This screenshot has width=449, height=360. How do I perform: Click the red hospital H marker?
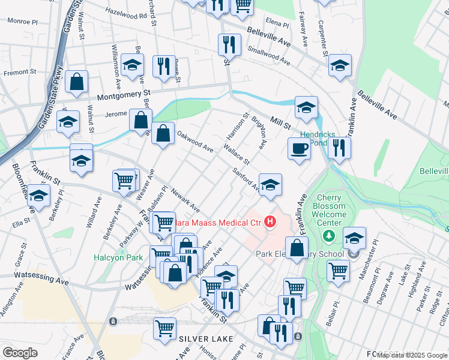coord(270,222)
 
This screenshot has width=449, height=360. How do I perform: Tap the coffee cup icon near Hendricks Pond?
coord(298,148)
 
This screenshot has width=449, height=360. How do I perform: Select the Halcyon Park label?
coord(118,257)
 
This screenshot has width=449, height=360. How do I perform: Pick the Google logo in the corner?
coord(20,352)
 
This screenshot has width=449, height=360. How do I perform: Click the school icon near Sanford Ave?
coord(271,185)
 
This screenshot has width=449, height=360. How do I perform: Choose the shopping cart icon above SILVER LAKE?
coord(164,328)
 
